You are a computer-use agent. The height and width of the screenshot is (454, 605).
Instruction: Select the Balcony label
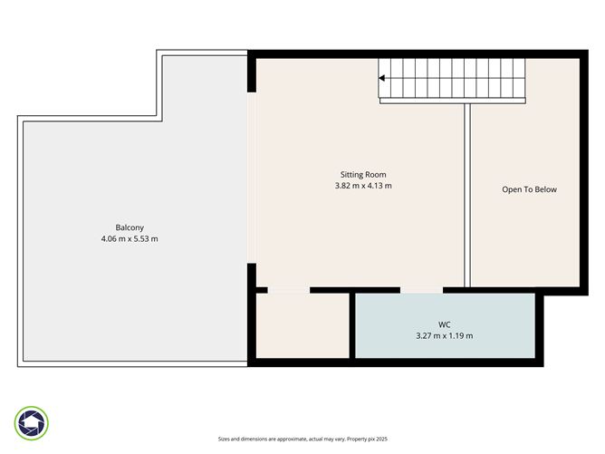[x=130, y=227]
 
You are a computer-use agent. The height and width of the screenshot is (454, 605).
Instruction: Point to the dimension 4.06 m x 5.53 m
[x=130, y=238]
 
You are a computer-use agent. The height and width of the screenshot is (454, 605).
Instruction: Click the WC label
[x=444, y=324]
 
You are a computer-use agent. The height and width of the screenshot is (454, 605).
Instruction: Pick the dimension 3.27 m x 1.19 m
[x=444, y=335]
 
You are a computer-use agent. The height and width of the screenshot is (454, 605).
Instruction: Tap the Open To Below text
[x=529, y=189]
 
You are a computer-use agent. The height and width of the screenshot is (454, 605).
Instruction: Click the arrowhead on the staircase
[x=382, y=79]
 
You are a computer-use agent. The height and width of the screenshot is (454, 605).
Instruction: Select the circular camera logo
[x=32, y=422]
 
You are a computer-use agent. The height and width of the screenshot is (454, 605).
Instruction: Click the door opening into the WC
[x=421, y=290]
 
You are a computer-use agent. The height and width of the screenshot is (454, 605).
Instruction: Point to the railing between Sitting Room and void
[x=467, y=195]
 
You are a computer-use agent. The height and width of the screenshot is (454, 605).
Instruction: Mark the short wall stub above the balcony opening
[x=252, y=75]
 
